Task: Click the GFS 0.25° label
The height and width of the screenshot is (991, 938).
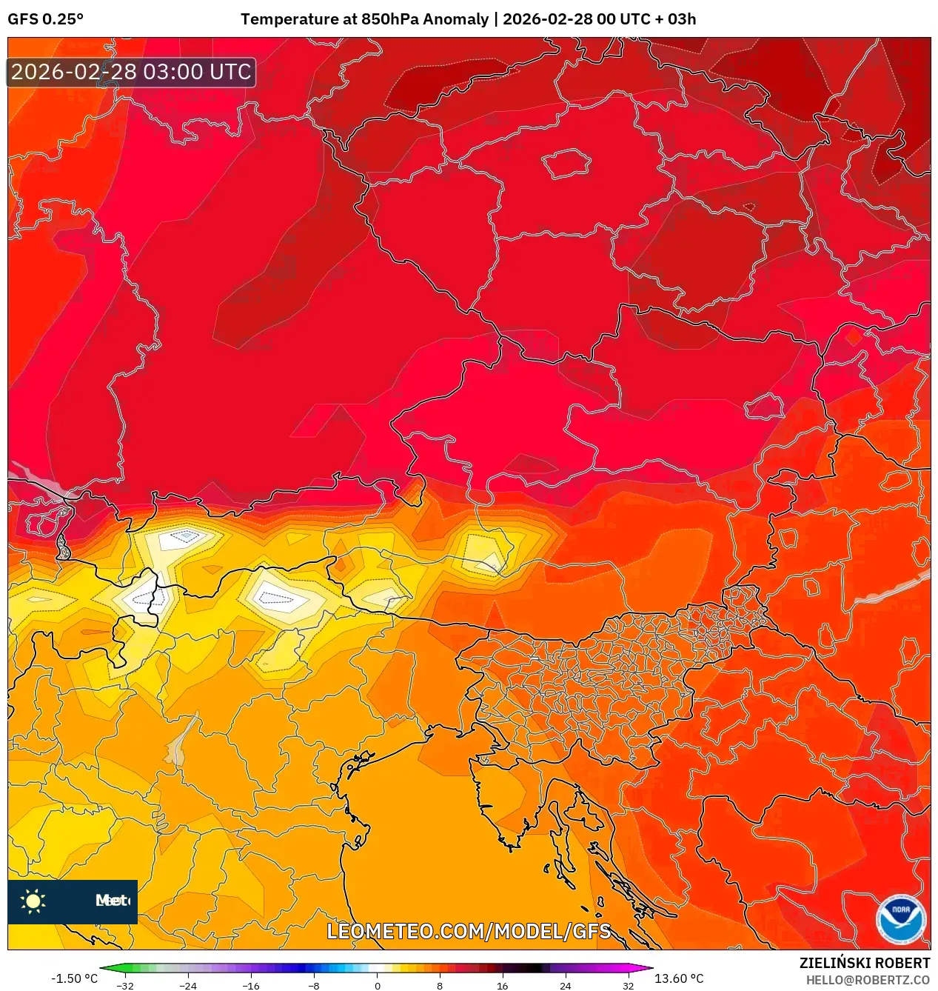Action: pyautogui.click(x=45, y=19)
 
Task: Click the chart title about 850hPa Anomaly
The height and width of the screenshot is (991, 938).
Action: pyautogui.click(x=468, y=19)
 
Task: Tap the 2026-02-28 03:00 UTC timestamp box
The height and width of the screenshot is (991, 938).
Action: pyautogui.click(x=131, y=72)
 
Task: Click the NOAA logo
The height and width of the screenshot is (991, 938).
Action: pyautogui.click(x=900, y=919)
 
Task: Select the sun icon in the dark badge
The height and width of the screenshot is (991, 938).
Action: pyautogui.click(x=33, y=901)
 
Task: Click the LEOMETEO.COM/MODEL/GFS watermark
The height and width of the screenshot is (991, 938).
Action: pyautogui.click(x=469, y=931)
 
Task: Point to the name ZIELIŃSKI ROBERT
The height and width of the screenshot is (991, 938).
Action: pyautogui.click(x=864, y=963)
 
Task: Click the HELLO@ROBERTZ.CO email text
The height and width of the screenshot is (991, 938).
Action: pyautogui.click(x=868, y=980)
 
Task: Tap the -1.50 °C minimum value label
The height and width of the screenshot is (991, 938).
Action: pyautogui.click(x=74, y=978)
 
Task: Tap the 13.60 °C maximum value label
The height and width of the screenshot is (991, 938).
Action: pyautogui.click(x=679, y=978)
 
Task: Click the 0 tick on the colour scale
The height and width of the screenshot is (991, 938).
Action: pyautogui.click(x=377, y=986)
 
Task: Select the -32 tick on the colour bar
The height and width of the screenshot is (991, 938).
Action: pyautogui.click(x=125, y=986)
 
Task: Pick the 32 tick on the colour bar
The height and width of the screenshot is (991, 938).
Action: pyautogui.click(x=628, y=986)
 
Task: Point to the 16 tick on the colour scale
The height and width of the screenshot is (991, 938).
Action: pyautogui.click(x=502, y=986)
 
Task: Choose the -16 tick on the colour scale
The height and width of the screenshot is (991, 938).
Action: pyautogui.click(x=251, y=986)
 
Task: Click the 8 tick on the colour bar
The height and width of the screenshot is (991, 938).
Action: pyautogui.click(x=440, y=986)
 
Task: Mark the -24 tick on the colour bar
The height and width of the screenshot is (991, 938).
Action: pyautogui.click(x=188, y=986)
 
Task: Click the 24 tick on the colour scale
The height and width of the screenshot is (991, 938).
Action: pyautogui.click(x=565, y=986)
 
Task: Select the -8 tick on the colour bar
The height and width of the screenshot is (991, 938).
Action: pyautogui.click(x=314, y=986)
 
